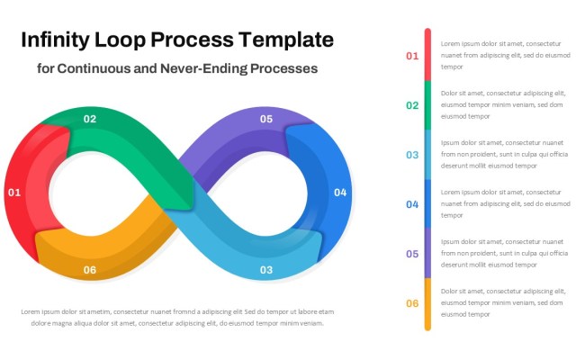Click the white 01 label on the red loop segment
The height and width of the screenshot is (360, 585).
13,193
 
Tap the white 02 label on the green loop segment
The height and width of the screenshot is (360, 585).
90,119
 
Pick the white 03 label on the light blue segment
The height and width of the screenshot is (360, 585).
266,270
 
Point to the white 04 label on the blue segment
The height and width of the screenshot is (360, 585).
339,193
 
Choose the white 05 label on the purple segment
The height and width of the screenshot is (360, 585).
266,119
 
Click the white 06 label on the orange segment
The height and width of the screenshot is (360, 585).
90,270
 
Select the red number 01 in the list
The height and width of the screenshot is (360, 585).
412,56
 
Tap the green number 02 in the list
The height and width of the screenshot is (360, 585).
412,105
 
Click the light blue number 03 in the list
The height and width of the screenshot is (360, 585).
412,155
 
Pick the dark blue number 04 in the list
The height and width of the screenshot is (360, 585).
412,204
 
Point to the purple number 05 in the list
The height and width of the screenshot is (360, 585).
412,254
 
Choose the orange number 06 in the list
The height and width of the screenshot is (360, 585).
412,303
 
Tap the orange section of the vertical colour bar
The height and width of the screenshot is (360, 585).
427,303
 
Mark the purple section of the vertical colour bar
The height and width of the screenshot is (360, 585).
427,254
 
